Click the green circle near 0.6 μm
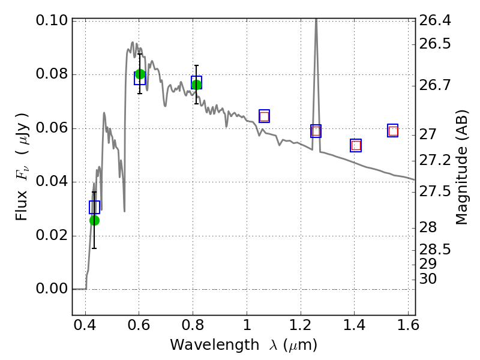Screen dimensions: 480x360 pos(140,74)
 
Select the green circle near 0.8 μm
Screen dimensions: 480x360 pos(197,85)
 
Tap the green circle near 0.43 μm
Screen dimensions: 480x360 pos(94,220)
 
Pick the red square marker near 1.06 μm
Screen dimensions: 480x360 pos(264,116)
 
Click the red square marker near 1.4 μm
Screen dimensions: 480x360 pos(356,145)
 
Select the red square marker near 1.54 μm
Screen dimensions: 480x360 pos(393,131)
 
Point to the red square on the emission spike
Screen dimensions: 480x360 pos(316,131)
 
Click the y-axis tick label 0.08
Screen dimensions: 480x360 pos(52,74)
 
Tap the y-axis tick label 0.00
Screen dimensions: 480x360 pos(52,289)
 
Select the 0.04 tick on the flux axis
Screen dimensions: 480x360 pos(52,181)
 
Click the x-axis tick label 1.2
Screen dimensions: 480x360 pos(301,325)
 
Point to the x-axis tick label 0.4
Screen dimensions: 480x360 pos(85,325)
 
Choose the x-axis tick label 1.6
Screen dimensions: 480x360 pos(408,325)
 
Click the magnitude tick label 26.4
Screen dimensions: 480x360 pos(435,20)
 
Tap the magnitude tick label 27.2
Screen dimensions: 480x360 pos(435,160)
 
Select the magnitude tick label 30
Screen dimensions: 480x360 pos(428,279)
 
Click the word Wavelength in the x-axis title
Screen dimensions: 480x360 pos(215,345)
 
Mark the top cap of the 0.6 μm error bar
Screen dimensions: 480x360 pos(140,54)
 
